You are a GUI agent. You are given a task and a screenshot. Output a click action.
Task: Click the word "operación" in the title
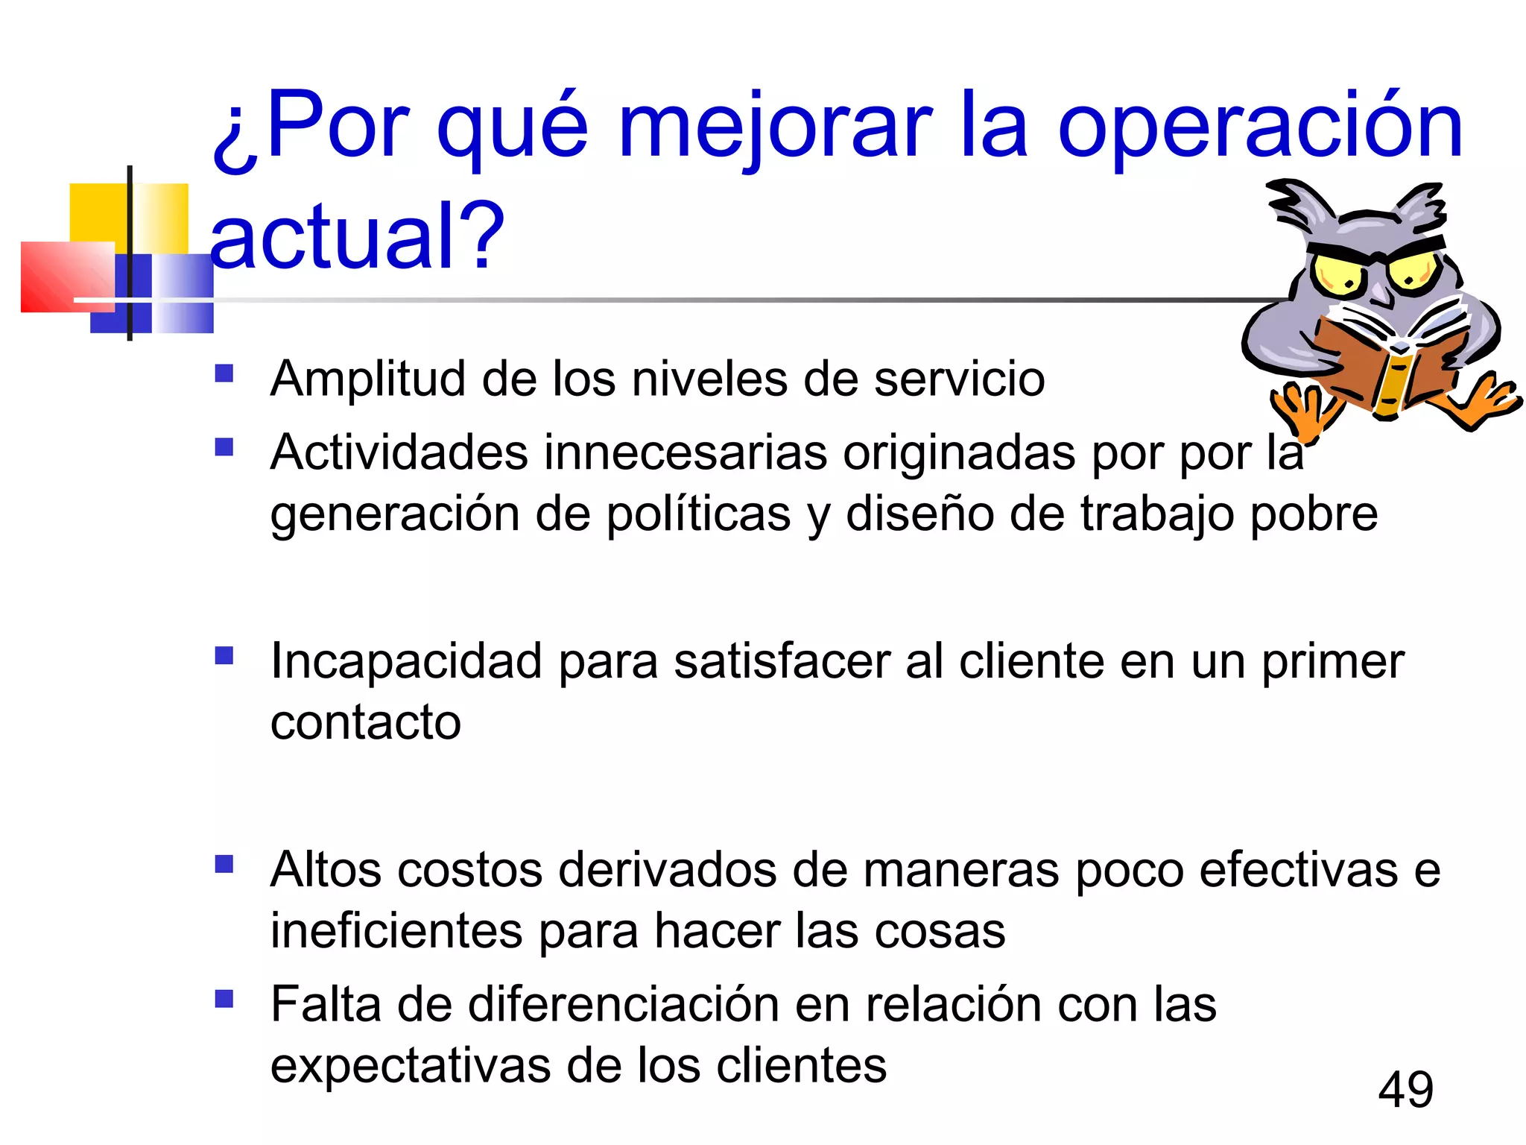tap(1260, 127)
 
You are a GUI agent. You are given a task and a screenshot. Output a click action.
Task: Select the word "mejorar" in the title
tap(775, 127)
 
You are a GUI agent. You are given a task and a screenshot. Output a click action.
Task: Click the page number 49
tap(1405, 1090)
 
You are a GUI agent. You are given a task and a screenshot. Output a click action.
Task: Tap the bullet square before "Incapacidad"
tap(224, 655)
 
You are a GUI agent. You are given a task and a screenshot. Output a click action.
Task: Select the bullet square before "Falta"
tap(224, 998)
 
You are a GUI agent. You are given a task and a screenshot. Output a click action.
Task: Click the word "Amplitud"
tap(368, 379)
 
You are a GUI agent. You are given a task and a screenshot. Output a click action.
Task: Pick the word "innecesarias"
tap(686, 452)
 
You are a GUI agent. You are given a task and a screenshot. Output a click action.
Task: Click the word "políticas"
tap(698, 514)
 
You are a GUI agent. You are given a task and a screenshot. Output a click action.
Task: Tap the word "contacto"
tap(366, 722)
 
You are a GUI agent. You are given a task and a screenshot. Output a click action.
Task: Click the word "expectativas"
tap(410, 1066)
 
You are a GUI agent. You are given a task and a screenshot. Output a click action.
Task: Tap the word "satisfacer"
tap(782, 661)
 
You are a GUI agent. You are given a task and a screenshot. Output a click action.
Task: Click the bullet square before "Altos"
tap(224, 864)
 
